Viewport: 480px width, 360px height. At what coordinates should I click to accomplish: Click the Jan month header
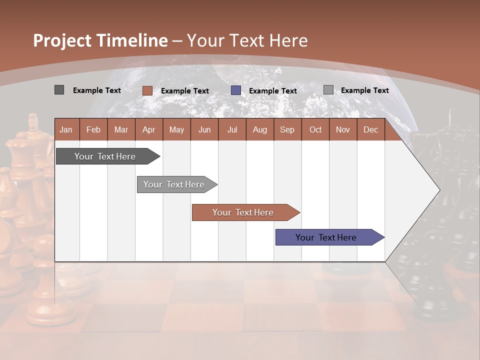tap(66, 129)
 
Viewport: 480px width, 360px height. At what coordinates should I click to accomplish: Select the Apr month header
tap(148, 129)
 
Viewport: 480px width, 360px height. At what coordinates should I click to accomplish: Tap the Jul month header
tap(232, 129)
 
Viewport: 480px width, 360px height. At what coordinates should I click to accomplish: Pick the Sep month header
tap(287, 129)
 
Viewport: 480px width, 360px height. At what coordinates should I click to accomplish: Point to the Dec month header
tap(370, 129)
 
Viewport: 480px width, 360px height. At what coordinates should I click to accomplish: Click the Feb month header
tap(93, 129)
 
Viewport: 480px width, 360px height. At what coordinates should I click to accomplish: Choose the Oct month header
tap(315, 129)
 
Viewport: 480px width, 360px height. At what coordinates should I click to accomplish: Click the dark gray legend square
tap(59, 90)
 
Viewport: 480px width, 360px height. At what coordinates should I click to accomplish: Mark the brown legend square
tap(147, 90)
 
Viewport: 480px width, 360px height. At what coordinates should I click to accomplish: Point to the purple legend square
tap(236, 90)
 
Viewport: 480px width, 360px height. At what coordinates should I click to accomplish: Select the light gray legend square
tap(328, 90)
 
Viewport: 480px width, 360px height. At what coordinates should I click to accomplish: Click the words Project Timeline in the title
tap(100, 40)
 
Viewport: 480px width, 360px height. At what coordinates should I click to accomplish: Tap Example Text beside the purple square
tap(272, 91)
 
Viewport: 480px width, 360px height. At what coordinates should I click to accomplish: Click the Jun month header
tap(204, 129)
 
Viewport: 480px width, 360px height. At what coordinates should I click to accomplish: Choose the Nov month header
tap(343, 129)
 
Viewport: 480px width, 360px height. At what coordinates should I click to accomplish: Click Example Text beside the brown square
tap(184, 91)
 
